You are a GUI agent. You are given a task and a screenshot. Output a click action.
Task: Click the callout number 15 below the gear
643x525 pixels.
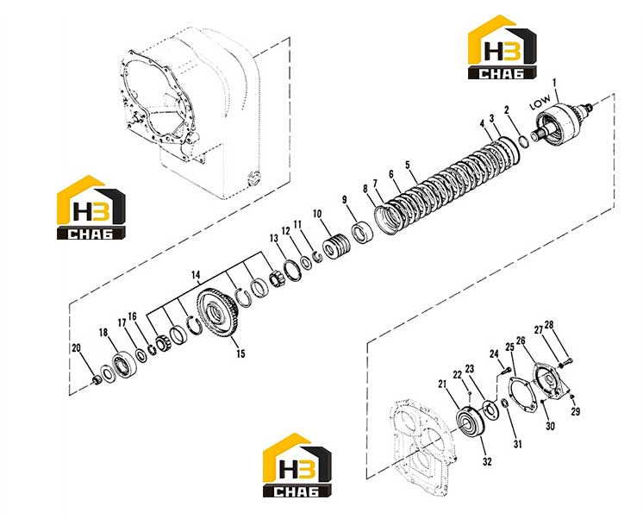(240, 353)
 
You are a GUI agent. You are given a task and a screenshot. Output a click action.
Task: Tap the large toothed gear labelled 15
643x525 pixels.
(217, 313)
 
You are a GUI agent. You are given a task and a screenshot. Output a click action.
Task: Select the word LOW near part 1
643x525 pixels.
(540, 102)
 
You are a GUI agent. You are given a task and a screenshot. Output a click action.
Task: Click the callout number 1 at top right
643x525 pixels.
(554, 84)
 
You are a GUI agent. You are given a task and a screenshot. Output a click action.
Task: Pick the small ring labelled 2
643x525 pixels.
(524, 141)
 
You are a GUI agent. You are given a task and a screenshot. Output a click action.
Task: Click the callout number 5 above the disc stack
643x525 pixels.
(407, 165)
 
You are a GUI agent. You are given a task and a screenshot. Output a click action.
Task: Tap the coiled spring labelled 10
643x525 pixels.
(337, 246)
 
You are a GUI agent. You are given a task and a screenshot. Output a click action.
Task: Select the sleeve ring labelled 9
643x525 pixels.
(363, 233)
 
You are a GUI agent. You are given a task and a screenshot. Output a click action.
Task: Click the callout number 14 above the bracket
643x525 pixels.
(196, 275)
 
